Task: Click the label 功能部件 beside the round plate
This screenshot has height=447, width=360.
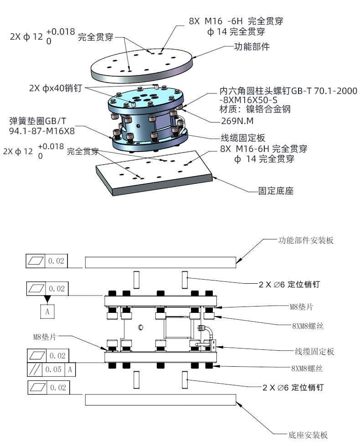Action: [252, 47]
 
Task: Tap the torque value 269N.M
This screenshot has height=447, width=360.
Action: [237, 121]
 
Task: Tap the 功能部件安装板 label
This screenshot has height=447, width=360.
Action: [306, 240]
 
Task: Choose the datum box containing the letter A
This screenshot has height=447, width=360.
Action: [47, 312]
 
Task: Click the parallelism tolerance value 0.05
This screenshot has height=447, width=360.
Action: [54, 369]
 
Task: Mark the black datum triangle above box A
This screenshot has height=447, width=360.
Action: [47, 299]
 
